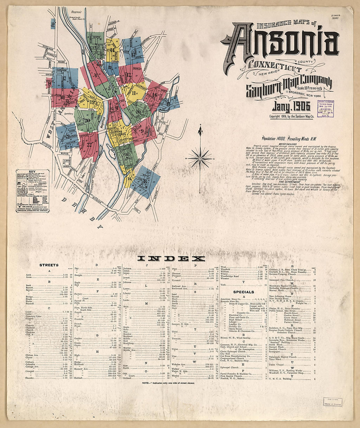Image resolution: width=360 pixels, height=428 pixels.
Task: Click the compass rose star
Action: pos(200,159)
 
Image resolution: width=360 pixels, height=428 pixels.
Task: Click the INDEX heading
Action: pos(171,259)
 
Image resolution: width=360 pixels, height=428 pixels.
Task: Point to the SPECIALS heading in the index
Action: pos(243,292)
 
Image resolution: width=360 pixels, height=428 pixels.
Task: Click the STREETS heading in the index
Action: pos(49,265)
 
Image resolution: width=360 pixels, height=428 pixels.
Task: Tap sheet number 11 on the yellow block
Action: pos(134,94)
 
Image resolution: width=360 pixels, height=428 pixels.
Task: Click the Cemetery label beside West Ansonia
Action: pos(68,113)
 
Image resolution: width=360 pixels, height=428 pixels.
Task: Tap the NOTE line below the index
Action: pos(168,383)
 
